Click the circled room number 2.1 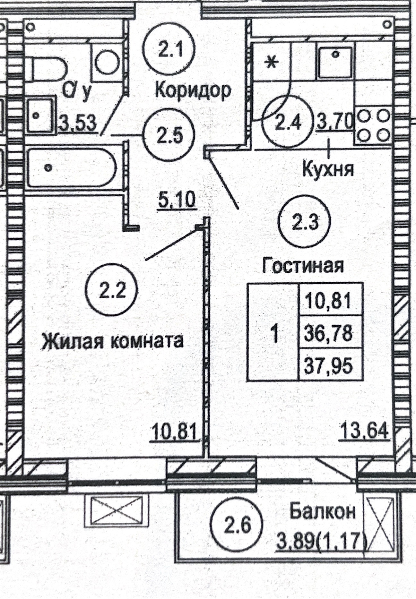click(x=170, y=50)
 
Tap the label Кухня click(x=328, y=169)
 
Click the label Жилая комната click(x=112, y=341)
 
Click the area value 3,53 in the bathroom click(x=78, y=123)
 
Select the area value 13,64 click(x=365, y=430)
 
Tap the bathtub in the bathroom click(x=71, y=167)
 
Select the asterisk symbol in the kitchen click(x=272, y=62)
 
